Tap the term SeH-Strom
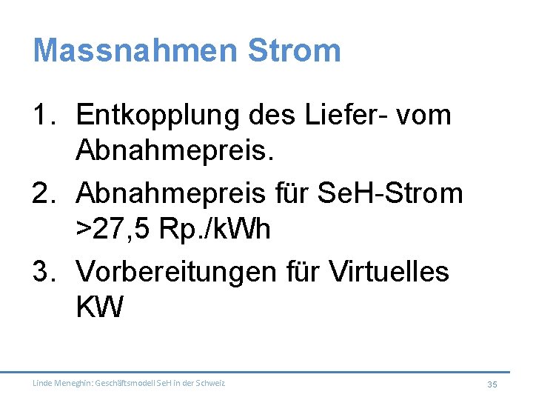coord(400,193)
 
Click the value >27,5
coord(112,230)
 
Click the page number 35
coord(492,384)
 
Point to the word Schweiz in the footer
coord(210,383)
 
